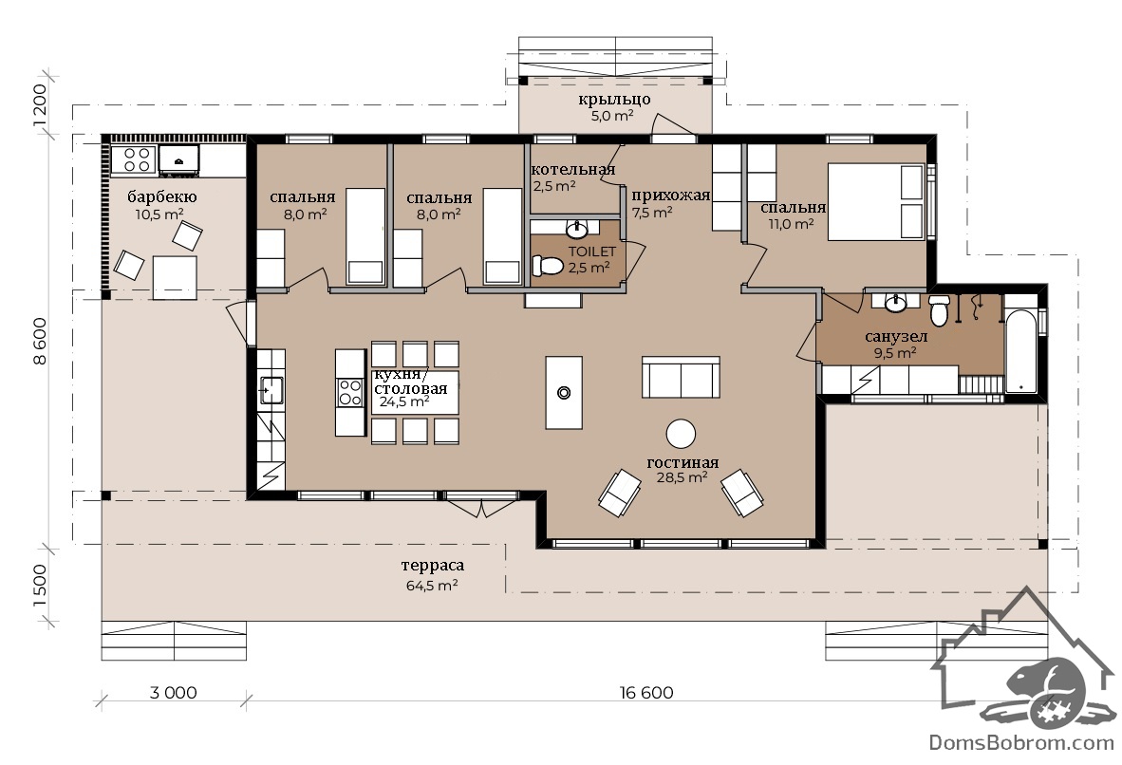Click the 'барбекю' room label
click(162, 196)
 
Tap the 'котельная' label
click(573, 170)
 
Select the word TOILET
click(591, 252)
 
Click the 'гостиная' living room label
click(683, 462)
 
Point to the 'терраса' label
click(432, 566)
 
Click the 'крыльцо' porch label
click(615, 99)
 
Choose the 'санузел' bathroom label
click(896, 336)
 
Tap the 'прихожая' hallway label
click(670, 196)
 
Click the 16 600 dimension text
click(646, 693)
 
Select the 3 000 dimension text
click(173, 693)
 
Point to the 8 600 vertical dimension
click(39, 342)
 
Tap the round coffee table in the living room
click(681, 434)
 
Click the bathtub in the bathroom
click(1021, 350)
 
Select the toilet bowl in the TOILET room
click(548, 266)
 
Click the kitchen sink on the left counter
click(271, 390)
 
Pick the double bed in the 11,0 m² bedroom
click(877, 202)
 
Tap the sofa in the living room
click(681, 377)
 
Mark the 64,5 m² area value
click(432, 586)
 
